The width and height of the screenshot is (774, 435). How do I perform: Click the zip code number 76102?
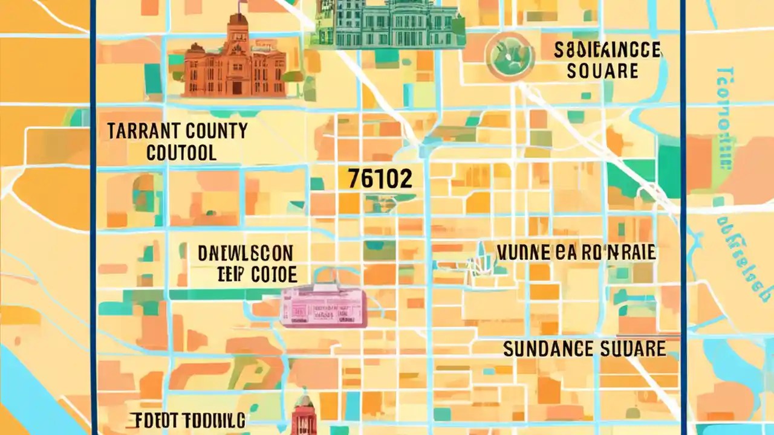[x=381, y=179]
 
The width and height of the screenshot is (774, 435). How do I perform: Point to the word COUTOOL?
[x=181, y=152]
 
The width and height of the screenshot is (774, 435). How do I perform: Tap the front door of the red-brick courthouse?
[x=236, y=87]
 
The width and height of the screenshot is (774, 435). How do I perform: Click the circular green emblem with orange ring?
[x=509, y=56]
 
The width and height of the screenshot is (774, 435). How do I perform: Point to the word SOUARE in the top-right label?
[x=602, y=71]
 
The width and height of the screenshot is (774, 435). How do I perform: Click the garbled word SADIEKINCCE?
[x=607, y=50]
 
